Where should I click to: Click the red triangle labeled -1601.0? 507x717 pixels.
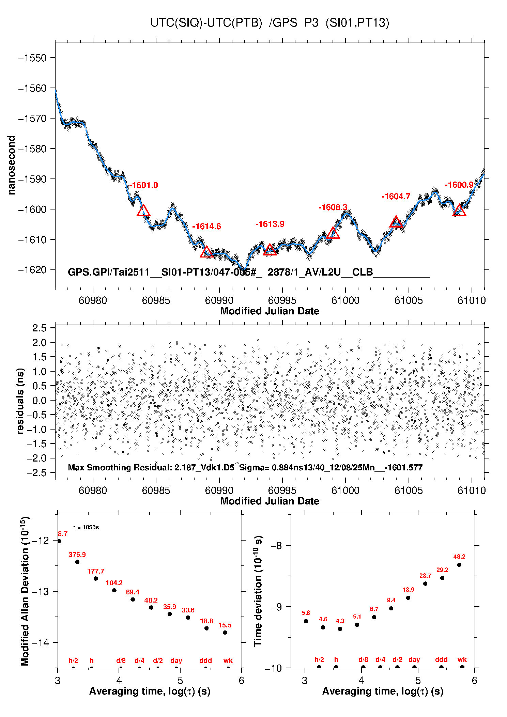pos(143,211)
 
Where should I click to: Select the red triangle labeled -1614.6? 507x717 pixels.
pos(206,252)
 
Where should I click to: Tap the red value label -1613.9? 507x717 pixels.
pos(270,224)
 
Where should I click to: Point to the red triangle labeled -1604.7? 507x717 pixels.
pos(396,222)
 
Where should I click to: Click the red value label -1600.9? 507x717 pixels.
pos(459,185)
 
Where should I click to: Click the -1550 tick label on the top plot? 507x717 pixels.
pos(33,58)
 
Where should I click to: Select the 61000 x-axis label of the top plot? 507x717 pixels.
pos(345,300)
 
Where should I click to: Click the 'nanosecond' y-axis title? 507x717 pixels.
pos(12,165)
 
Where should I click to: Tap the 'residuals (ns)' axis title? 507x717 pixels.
pos(20,401)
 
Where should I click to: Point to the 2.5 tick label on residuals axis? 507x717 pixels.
pos(39,328)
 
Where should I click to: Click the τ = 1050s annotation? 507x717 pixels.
pos(86,528)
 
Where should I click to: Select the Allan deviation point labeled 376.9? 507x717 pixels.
pos(77,562)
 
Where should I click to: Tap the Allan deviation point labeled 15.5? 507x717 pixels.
pos(225,633)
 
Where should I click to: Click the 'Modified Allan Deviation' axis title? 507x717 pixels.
pos(25,591)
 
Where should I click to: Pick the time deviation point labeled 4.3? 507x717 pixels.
pos(340,629)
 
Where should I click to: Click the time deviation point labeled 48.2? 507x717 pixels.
pos(459,565)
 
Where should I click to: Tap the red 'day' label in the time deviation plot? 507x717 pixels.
pos(414,660)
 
